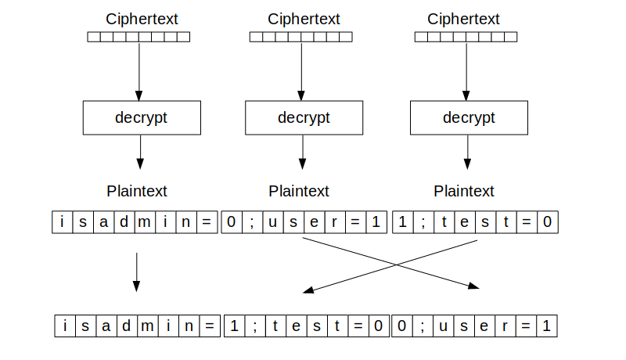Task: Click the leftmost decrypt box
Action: [142, 118]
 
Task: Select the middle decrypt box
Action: [304, 118]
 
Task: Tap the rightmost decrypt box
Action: [469, 118]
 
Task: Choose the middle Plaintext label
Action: [299, 191]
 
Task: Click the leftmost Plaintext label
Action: [137, 191]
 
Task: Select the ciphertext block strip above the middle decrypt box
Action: [300, 37]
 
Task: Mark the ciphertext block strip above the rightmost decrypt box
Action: [466, 37]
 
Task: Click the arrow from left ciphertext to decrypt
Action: [139, 70]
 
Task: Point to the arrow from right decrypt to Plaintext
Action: [467, 152]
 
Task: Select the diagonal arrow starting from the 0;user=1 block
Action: [391, 264]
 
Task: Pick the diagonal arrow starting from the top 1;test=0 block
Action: [391, 264]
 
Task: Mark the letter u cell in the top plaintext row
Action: [272, 222]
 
